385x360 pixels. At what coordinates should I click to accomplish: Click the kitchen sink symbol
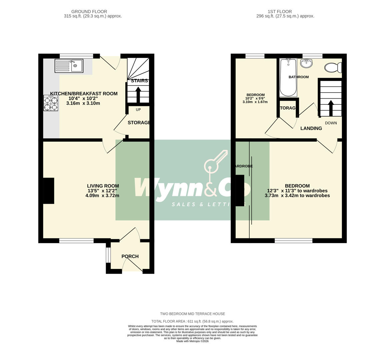69,66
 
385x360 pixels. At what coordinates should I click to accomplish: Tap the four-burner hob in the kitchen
50,103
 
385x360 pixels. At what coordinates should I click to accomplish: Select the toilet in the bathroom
333,68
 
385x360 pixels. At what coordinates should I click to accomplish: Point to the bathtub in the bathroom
288,77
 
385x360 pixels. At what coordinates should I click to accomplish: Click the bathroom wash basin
306,63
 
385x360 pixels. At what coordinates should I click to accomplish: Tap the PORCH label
130,256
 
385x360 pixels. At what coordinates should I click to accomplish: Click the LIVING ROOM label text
103,186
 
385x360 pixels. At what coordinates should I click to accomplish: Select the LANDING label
311,128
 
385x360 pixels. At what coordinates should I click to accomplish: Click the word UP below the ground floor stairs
138,110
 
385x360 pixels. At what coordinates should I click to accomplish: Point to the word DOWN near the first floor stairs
331,123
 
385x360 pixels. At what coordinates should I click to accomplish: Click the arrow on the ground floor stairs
138,93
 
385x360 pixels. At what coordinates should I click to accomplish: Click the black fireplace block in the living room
49,191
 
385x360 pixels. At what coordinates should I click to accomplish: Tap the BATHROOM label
298,77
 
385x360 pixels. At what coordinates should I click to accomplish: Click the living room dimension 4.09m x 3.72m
102,196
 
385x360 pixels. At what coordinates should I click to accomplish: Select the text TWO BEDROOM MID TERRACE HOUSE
192,314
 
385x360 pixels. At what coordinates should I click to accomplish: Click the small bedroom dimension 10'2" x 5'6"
255,98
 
